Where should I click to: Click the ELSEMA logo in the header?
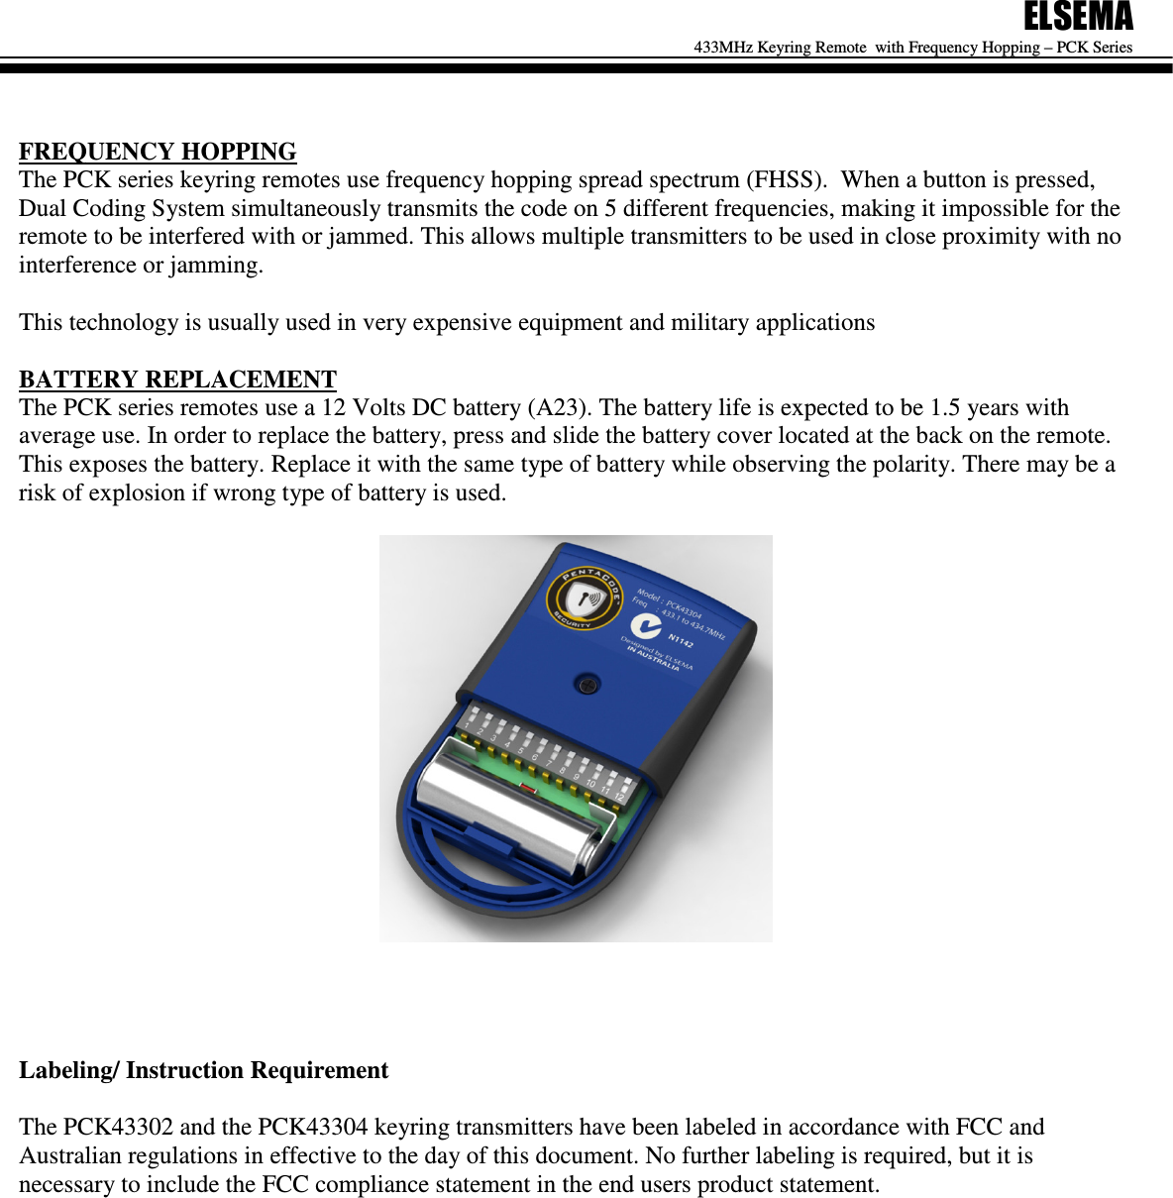click(x=1078, y=17)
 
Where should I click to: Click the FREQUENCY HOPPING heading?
click(x=158, y=152)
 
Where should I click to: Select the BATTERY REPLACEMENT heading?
click(x=177, y=380)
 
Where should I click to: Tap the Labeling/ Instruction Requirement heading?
click(x=203, y=1070)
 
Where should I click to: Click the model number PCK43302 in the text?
click(x=118, y=1128)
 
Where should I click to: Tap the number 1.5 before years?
click(x=945, y=408)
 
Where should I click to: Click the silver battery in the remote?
click(x=510, y=808)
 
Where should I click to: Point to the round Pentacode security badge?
click(x=586, y=599)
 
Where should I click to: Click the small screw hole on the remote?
click(x=587, y=684)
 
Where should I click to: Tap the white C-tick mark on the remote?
click(x=646, y=626)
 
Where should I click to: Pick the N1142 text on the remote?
click(x=681, y=640)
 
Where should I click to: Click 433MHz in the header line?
click(x=723, y=48)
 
